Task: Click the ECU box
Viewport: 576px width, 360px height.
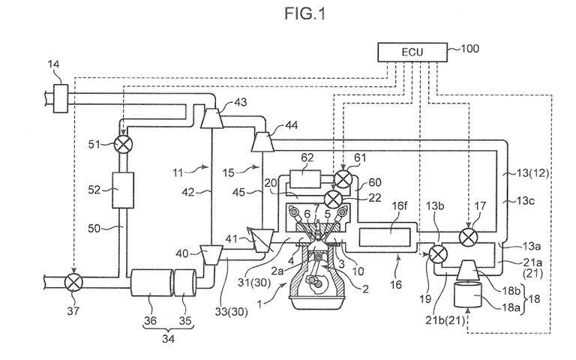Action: tap(412, 52)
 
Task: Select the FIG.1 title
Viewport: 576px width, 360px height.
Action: tap(305, 14)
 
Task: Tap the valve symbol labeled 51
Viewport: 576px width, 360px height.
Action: tap(123, 144)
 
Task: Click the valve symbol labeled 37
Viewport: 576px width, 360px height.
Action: tap(73, 283)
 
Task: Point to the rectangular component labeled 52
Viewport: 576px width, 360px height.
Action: tap(123, 190)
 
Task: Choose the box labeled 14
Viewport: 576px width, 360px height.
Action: tap(61, 98)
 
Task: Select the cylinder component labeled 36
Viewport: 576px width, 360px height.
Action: tap(152, 283)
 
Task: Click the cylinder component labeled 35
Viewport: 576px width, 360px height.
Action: tap(185, 283)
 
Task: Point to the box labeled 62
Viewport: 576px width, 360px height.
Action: tap(305, 179)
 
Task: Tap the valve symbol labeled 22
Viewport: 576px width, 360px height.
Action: tap(334, 199)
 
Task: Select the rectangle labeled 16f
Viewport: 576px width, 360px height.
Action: tap(385, 237)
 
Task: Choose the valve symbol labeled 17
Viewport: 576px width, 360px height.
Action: tap(468, 237)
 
